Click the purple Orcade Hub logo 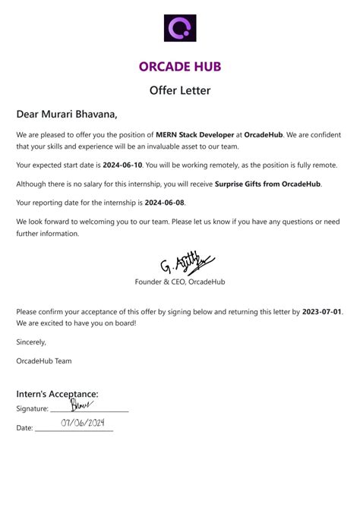click(x=180, y=28)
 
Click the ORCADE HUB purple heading click(x=180, y=67)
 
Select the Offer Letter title click(x=180, y=90)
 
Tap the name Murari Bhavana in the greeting click(x=81, y=115)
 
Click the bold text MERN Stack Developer click(x=193, y=134)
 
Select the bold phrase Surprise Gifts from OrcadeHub click(x=268, y=184)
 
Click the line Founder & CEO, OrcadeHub click(x=180, y=282)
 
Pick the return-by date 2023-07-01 click(x=322, y=311)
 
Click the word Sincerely click(x=31, y=342)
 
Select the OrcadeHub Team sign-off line click(x=44, y=361)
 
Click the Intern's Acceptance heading click(x=58, y=394)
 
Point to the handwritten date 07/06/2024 click(x=82, y=422)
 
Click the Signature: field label click(x=33, y=409)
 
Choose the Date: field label click(x=25, y=428)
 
